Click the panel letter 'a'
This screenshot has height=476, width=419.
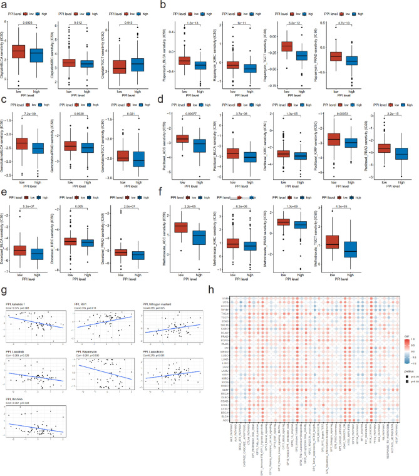click(4, 4)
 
